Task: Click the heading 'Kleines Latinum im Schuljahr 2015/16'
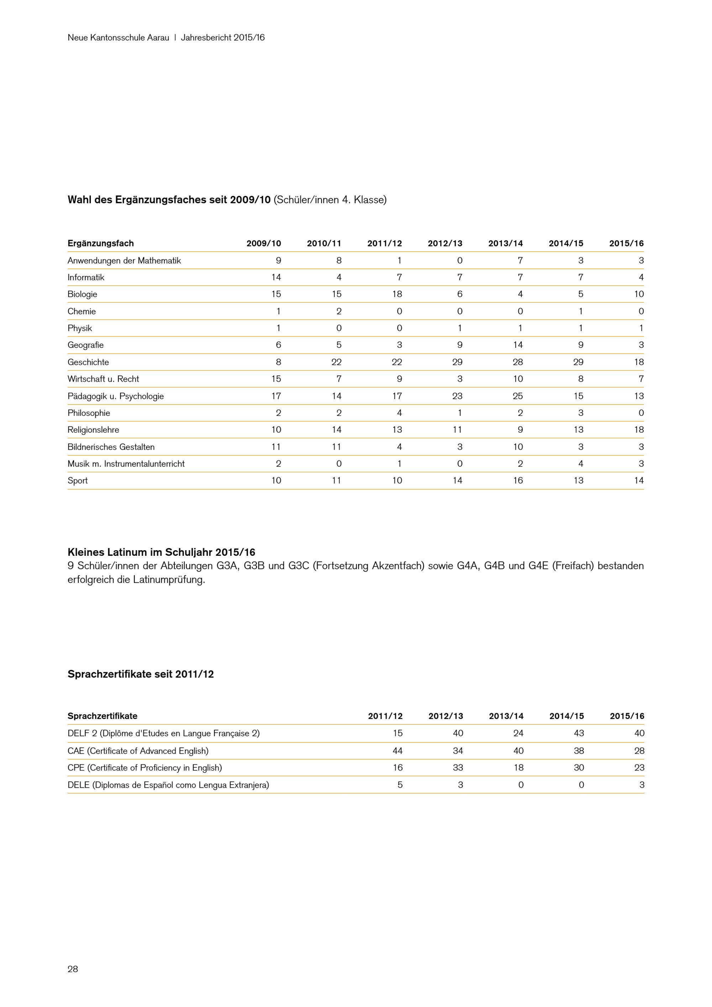pos(161,552)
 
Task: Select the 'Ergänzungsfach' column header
pos(100,244)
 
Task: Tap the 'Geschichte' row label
pos(88,362)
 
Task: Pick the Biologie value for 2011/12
pos(397,294)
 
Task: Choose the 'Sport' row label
pos(78,481)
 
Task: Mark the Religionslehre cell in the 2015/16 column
pos(639,430)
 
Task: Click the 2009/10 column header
pos(263,244)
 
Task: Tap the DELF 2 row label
pos(163,733)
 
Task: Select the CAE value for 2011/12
pos(397,751)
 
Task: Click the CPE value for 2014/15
pos(579,767)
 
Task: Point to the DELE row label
pos(168,785)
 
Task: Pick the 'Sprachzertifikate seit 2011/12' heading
pos(140,674)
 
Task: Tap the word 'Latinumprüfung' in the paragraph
pos(169,579)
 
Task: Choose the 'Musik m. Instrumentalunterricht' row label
pos(126,464)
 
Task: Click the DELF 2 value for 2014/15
pos(579,733)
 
